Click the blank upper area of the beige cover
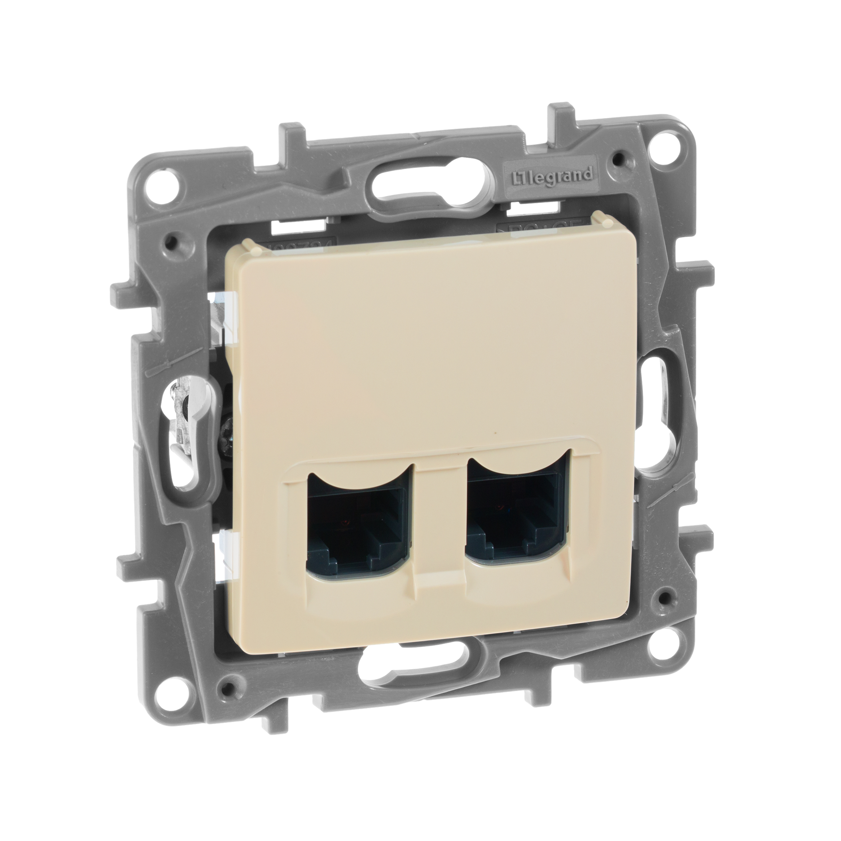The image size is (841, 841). (x=409, y=339)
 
